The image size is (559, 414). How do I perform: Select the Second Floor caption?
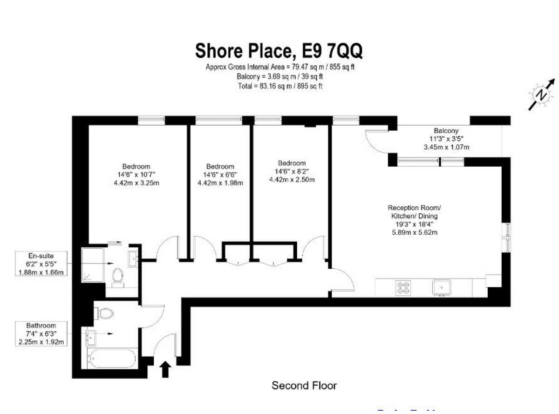(304, 386)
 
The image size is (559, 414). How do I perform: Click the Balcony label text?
(446, 131)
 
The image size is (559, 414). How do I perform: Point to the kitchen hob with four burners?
(403, 287)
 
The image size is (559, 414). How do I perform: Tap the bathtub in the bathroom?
(111, 358)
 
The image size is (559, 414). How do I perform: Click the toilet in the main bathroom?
(105, 313)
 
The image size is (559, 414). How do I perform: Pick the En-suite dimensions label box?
(41, 264)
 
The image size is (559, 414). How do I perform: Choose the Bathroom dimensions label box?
(41, 334)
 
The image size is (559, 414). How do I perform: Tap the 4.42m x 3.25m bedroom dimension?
(136, 183)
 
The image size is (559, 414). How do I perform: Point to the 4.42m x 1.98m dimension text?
(220, 183)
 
